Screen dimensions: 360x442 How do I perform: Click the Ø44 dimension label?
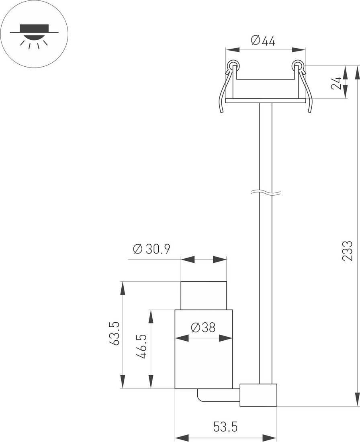[x=263, y=41]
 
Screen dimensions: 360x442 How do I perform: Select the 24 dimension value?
[x=336, y=83]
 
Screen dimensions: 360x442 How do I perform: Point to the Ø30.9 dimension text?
[x=151, y=249]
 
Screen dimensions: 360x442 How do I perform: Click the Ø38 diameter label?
[x=203, y=327]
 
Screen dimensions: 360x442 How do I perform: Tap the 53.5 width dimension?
[x=225, y=427]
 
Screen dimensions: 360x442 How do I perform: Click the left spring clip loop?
[x=233, y=65]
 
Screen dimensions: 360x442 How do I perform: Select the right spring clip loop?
[x=297, y=65]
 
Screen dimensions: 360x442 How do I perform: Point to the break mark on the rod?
[x=266, y=193]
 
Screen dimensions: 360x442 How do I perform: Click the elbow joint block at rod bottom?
[x=258, y=395]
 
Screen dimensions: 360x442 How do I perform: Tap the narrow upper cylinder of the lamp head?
[x=204, y=296]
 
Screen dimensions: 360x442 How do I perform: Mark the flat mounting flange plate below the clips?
[x=265, y=101]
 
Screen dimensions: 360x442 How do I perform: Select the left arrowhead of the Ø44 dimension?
[x=233, y=50]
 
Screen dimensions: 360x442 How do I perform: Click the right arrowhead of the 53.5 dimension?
[x=270, y=437]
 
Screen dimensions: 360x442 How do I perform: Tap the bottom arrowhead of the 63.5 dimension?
[x=123, y=382]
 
